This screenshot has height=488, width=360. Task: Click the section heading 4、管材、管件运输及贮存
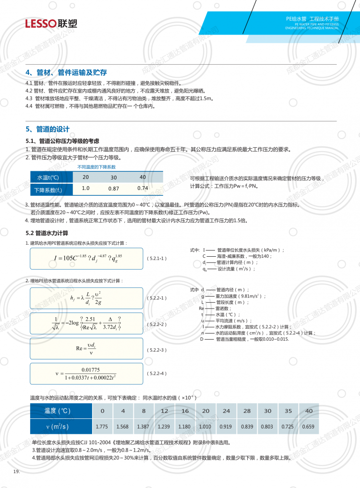pyautogui.click(x=66, y=72)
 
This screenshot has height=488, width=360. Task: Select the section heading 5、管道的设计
pyautogui.click(x=48, y=129)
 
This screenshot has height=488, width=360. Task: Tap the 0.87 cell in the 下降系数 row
pyautogui.click(x=114, y=189)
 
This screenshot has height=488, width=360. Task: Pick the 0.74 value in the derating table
pyautogui.click(x=143, y=188)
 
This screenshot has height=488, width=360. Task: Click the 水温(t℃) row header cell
pyautogui.click(x=48, y=178)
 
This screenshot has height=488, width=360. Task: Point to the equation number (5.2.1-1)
pyautogui.click(x=156, y=258)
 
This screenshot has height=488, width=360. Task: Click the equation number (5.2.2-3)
pyautogui.click(x=156, y=349)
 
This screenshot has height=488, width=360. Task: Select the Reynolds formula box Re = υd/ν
pyautogui.click(x=86, y=348)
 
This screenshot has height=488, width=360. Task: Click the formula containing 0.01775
pyautogui.click(x=86, y=373)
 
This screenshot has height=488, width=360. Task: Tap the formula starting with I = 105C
pyautogui.click(x=86, y=258)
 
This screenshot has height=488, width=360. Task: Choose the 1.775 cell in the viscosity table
pyautogui.click(x=102, y=427)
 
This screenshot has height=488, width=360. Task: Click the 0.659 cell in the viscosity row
pyautogui.click(x=309, y=427)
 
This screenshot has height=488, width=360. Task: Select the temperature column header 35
pyautogui.click(x=288, y=411)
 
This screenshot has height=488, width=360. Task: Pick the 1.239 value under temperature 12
pyautogui.click(x=164, y=427)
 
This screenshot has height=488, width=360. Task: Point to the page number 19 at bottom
pyautogui.click(x=16, y=473)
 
